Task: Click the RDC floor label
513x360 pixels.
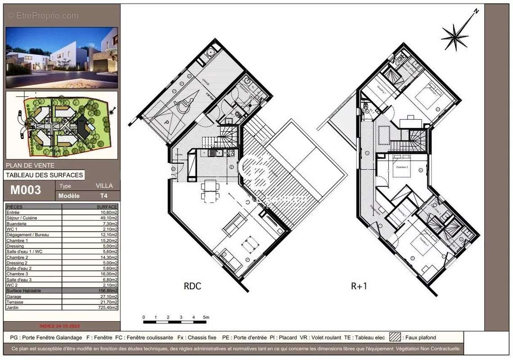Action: [x=192, y=286]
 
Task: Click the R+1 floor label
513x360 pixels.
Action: [x=359, y=286]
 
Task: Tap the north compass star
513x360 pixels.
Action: [x=455, y=35]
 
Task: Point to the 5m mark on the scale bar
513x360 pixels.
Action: [x=206, y=318]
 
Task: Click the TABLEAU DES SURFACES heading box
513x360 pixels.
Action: [x=44, y=175]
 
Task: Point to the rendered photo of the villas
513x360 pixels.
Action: [x=62, y=58]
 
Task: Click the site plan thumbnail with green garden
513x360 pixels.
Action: [x=62, y=125]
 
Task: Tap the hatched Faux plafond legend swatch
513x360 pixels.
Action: [x=395, y=337]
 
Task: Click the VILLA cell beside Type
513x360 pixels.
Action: [x=104, y=185]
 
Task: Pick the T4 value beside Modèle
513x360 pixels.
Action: [x=104, y=196]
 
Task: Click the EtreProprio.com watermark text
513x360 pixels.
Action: [x=43, y=16]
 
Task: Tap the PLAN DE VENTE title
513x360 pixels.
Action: [x=30, y=165]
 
